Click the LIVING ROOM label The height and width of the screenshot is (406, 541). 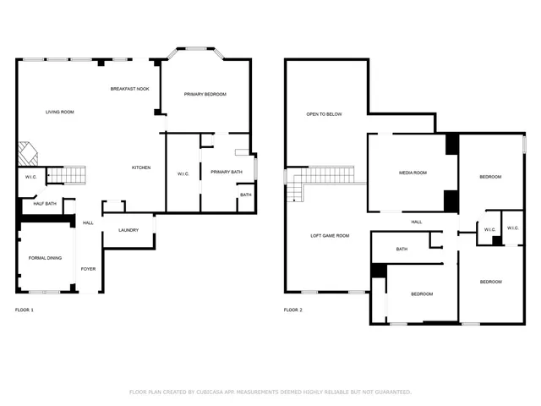59,112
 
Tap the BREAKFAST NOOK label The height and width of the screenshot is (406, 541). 129,89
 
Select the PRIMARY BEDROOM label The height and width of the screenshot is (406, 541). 205,94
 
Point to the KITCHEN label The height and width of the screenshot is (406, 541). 141,167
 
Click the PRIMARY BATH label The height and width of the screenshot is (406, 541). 227,172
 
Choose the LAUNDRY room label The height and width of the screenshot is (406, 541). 128,229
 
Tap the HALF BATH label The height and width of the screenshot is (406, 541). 45,203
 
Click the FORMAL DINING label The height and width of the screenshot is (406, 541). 45,257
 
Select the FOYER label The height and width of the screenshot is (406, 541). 88,269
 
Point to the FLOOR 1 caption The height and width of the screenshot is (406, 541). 25,310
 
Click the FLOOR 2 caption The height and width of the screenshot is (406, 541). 293,310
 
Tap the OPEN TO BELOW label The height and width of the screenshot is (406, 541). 324,113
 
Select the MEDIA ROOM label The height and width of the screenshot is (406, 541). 413,173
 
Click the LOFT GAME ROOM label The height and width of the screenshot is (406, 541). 330,235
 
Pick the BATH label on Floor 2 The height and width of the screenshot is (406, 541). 402,249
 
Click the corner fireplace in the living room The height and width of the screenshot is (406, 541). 28,153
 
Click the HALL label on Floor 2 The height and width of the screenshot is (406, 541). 417,222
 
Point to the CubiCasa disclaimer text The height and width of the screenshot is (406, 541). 270,392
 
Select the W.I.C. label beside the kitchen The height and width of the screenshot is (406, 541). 183,174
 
